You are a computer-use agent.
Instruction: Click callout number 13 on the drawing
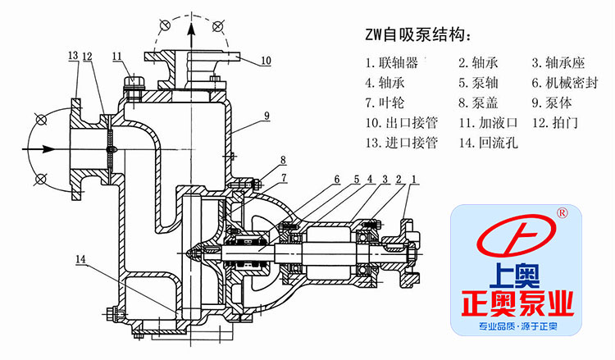73,55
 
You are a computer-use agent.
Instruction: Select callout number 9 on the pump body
267,116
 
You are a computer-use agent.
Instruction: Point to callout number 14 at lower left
80,259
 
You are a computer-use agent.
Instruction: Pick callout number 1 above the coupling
415,179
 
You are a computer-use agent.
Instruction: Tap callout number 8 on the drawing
282,160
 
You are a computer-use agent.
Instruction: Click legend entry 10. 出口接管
401,124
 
